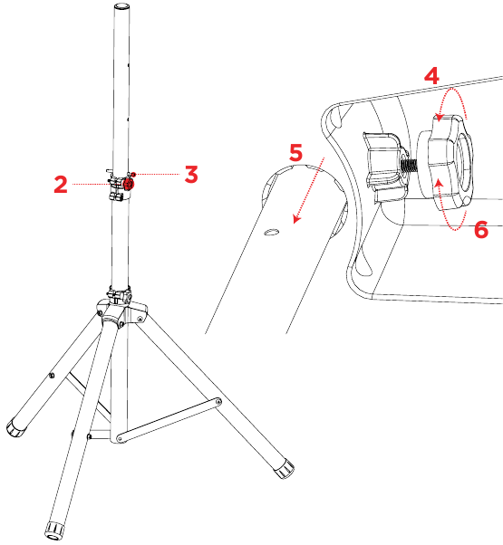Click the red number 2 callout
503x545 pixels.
(x=61, y=185)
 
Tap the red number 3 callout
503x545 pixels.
(x=190, y=174)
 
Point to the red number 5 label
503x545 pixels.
(x=295, y=153)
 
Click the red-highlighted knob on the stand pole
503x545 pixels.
(x=128, y=184)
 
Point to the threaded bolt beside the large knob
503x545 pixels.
(x=408, y=167)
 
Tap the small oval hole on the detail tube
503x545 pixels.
(x=268, y=233)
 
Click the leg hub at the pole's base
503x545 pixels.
(x=121, y=312)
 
